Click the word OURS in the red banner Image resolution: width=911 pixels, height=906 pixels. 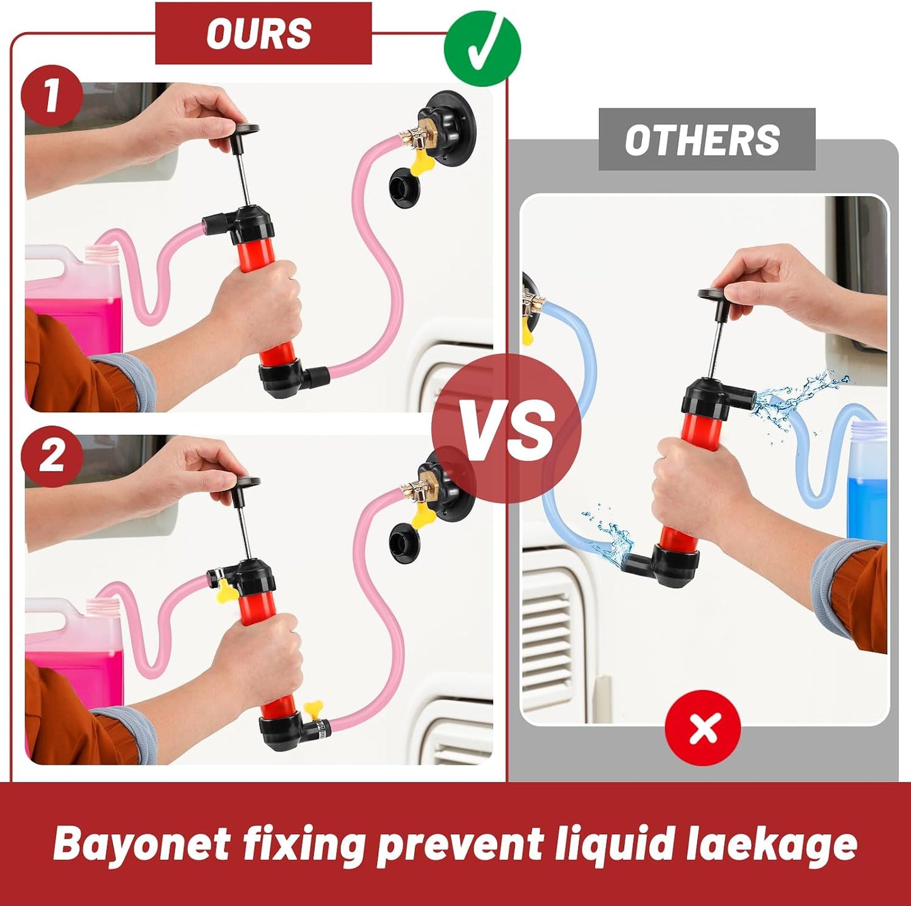258,33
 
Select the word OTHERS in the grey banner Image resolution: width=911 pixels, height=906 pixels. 702,139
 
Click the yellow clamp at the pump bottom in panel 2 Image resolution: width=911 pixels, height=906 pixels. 315,723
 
